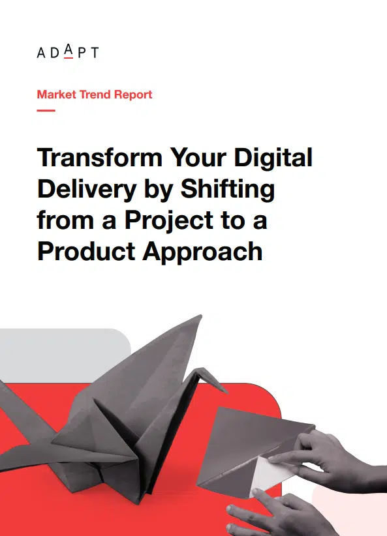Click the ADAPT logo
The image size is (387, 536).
(x=68, y=52)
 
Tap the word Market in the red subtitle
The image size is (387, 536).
(x=57, y=95)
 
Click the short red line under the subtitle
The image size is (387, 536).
(x=46, y=110)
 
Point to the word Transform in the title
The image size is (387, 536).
(x=100, y=157)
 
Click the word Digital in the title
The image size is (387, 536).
(x=273, y=158)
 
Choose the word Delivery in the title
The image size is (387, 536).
(x=87, y=189)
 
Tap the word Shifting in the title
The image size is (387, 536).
(x=228, y=189)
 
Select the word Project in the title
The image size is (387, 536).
(x=170, y=220)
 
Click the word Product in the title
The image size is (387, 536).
(x=86, y=252)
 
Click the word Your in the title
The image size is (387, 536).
(x=198, y=157)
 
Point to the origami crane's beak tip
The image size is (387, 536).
(x=226, y=393)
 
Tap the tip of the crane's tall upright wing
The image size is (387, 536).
(x=201, y=316)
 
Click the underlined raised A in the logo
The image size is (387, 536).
(x=69, y=51)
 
